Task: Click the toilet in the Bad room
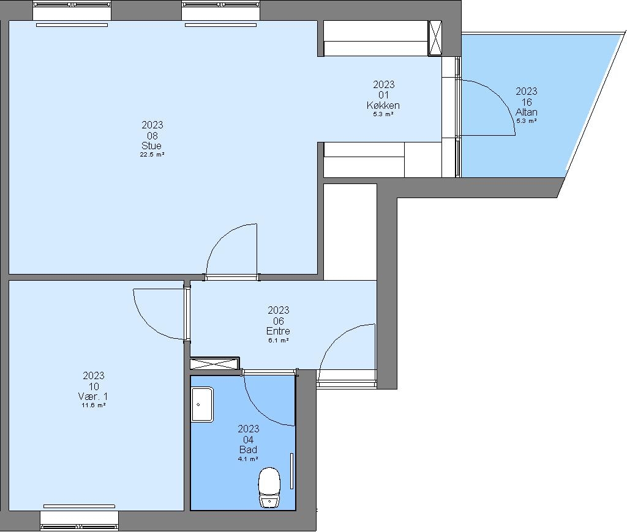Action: tap(269, 487)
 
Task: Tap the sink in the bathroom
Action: tap(202, 404)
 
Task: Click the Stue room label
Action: tap(152, 146)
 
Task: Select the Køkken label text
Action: tap(383, 105)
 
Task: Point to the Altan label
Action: tap(526, 112)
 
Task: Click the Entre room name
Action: tap(278, 331)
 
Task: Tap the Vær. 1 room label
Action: tap(93, 396)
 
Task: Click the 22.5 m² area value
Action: tap(152, 155)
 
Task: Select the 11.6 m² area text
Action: tap(93, 405)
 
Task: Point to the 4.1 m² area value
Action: tap(248, 459)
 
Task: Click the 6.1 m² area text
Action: tap(279, 340)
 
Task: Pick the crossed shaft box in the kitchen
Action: tap(435, 38)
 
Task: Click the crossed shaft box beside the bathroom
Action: tap(215, 364)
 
